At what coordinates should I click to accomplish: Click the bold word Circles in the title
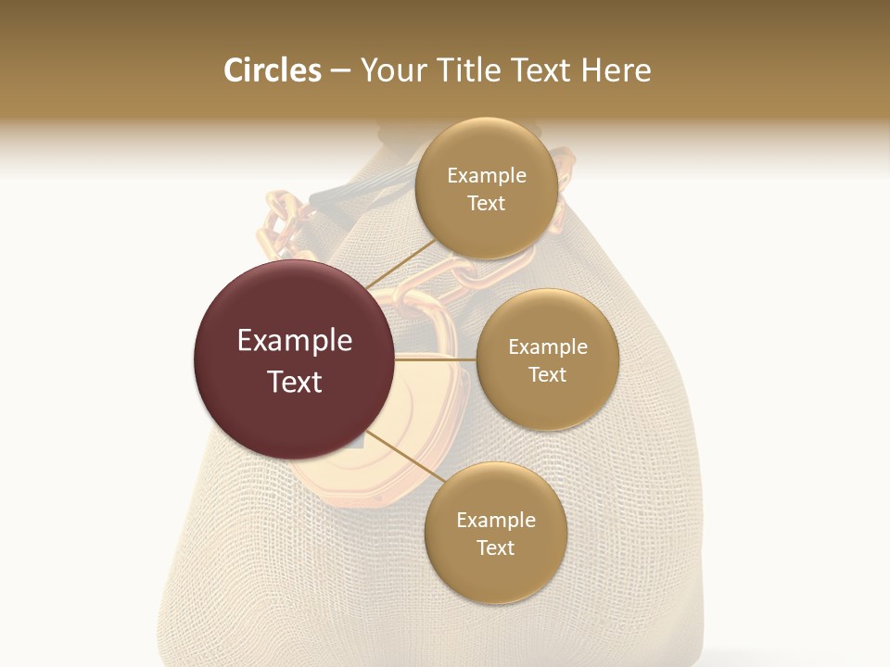coord(272,70)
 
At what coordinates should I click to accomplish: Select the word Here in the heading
coord(616,70)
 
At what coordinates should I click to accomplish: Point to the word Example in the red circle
coord(295,341)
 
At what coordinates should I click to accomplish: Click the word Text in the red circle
coord(295,382)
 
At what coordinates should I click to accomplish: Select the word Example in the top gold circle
coord(486,176)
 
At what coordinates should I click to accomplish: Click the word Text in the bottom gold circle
coord(495,547)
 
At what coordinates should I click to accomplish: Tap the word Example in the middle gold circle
coord(547,347)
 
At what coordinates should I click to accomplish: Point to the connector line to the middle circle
coord(434,359)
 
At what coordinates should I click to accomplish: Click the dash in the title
coord(339,71)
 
